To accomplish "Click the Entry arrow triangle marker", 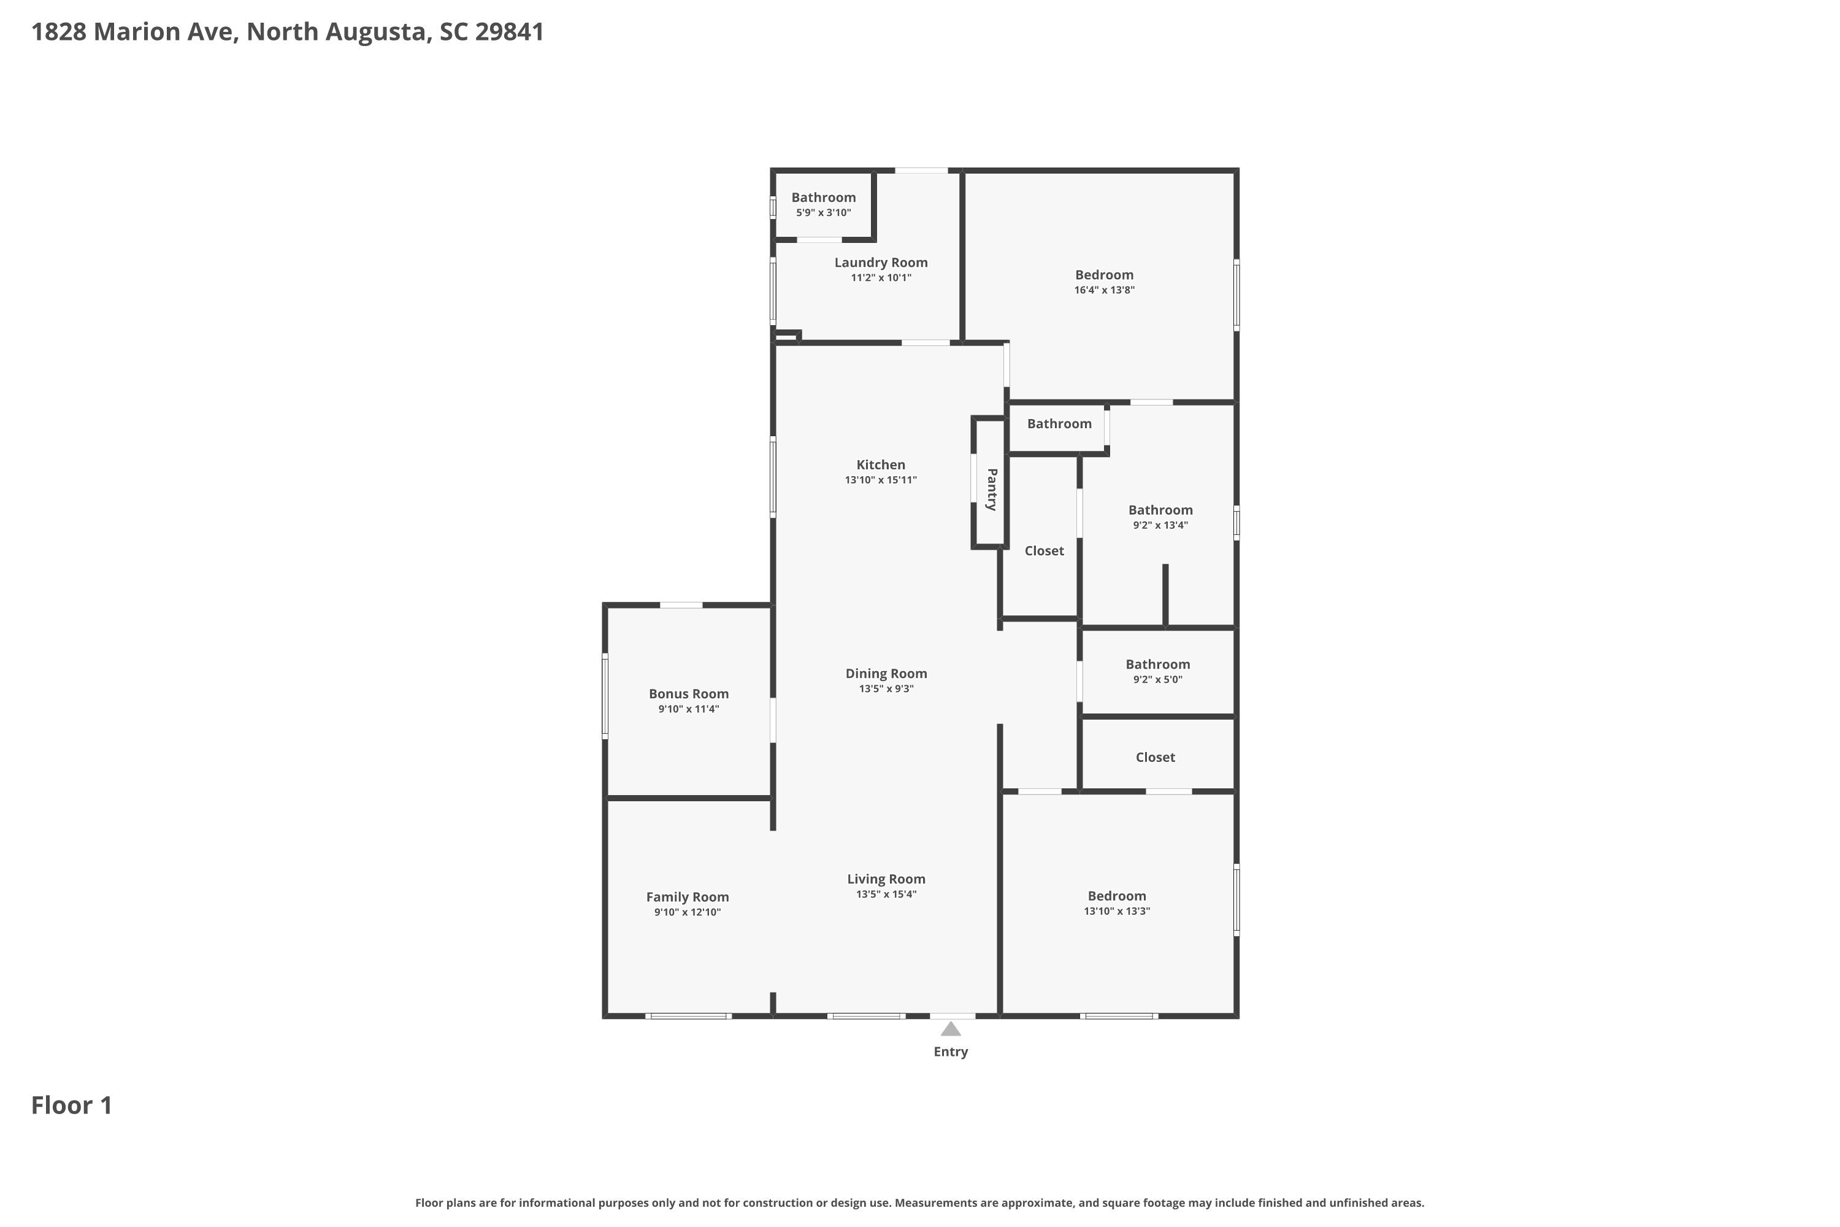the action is coord(951,1028).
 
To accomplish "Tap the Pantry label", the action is coord(991,490).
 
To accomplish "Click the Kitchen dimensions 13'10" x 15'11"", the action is coord(881,480).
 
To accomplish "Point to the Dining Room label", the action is coord(886,674).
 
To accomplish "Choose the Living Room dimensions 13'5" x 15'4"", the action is coord(886,894).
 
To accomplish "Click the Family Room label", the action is coord(688,898).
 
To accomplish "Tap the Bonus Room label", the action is coord(688,694).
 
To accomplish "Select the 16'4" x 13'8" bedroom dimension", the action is coord(1105,290).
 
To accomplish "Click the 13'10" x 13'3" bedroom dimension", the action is coord(1117,912).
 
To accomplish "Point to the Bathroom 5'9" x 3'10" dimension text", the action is coord(824,213).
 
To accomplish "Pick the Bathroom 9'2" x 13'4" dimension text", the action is coord(1161,526).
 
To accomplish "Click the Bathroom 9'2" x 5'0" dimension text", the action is coord(1158,680).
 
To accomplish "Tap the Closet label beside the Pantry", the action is coord(1045,551).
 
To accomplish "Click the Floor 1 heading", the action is coord(72,1106).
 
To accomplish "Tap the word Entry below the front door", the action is coord(951,1052).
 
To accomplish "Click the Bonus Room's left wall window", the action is coord(605,696).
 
